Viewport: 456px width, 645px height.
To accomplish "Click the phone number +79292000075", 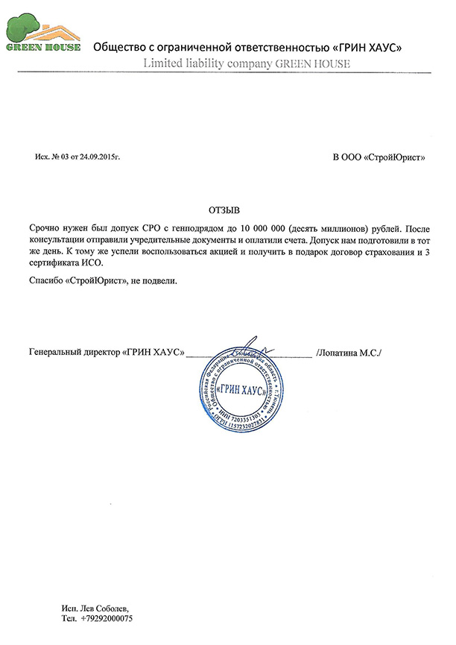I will (104, 618).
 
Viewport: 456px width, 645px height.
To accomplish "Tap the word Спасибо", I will (44, 281).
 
